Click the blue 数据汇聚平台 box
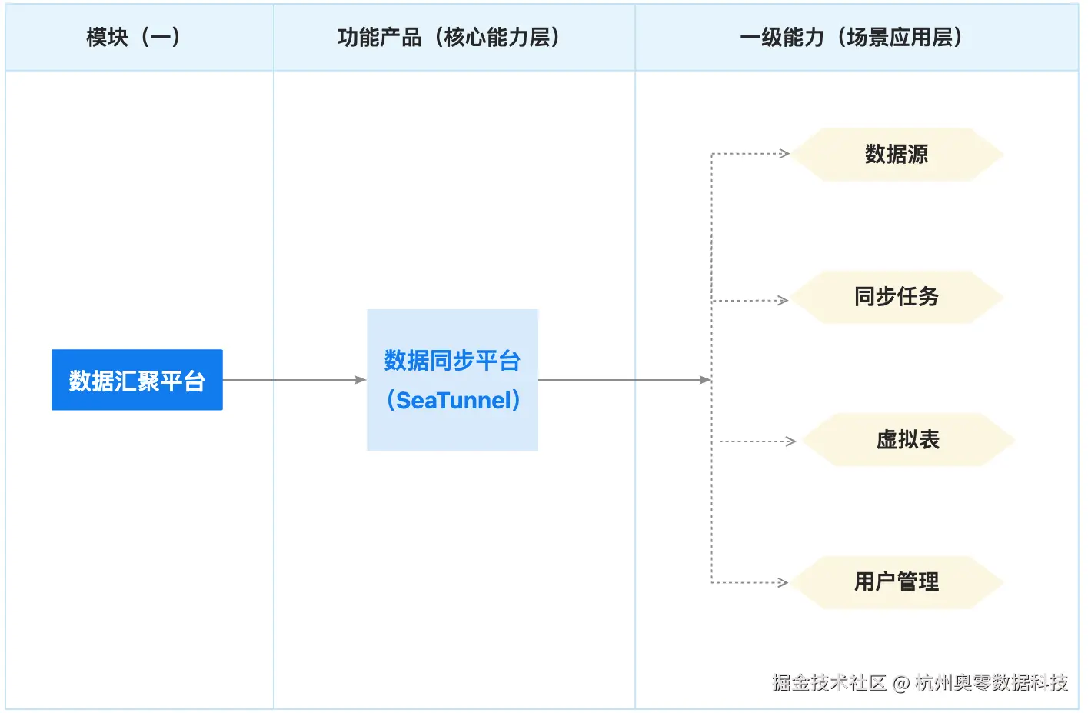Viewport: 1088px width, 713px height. (137, 380)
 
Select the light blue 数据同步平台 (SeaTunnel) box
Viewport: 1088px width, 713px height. (452, 380)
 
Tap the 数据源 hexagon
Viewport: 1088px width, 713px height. (897, 155)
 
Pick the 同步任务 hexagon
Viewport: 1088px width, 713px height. (897, 297)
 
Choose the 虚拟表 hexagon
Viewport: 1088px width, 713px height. (907, 440)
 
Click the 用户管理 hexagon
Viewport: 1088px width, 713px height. (897, 582)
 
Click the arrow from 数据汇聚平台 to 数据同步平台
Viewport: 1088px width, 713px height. (292, 380)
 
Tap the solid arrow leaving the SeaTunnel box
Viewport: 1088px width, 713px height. (623, 380)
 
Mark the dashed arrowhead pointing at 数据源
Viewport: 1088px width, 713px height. (784, 154)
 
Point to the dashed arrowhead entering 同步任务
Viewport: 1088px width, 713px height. (783, 301)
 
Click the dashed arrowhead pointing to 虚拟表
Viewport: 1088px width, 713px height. (790, 441)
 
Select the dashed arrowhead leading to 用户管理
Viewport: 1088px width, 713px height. (783, 583)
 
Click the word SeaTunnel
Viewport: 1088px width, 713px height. (454, 401)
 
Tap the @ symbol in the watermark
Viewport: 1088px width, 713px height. (901, 683)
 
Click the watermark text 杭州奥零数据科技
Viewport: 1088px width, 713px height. (991, 683)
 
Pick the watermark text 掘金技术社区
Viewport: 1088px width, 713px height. (829, 683)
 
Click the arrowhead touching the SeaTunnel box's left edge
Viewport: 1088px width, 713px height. (361, 380)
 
